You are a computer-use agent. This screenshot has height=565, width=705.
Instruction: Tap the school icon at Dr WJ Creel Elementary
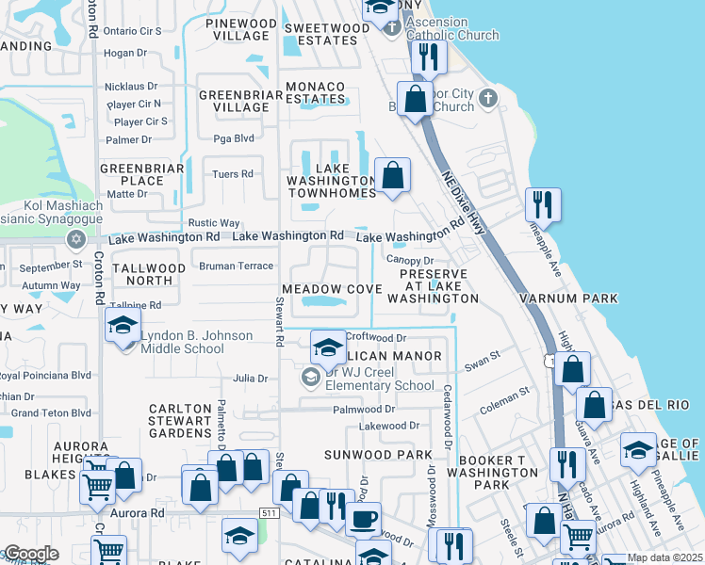(x=327, y=347)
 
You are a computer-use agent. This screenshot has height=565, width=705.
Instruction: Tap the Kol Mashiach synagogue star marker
(x=75, y=239)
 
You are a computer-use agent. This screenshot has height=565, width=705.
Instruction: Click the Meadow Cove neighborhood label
(x=330, y=288)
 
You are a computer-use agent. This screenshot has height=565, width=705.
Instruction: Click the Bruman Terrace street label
(x=236, y=266)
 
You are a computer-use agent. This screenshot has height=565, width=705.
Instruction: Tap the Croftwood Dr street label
(x=375, y=336)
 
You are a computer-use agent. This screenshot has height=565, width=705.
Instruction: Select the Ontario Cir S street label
(x=133, y=31)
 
